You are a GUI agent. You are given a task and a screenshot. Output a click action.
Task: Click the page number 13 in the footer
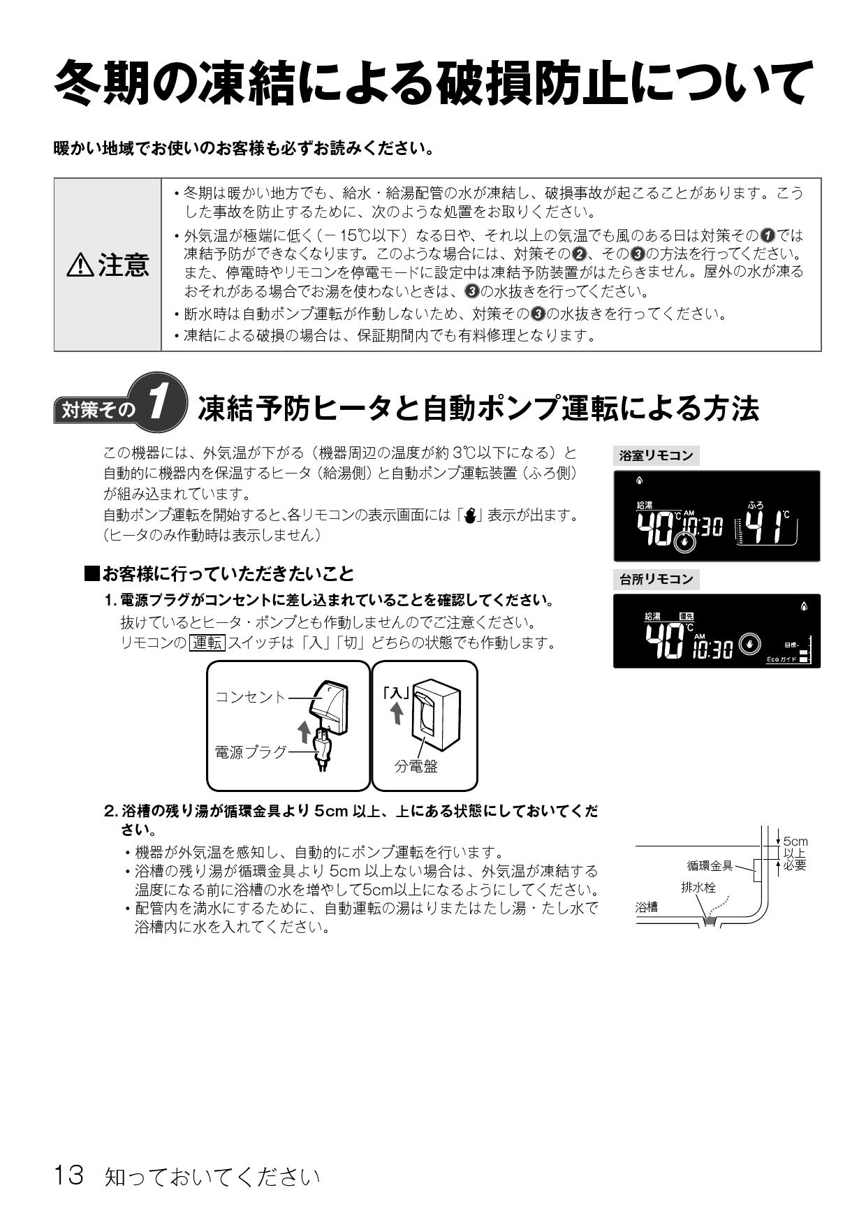tap(69, 1175)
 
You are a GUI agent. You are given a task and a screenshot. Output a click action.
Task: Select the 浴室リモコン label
tap(656, 456)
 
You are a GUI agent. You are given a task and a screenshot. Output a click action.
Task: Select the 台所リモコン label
tap(656, 579)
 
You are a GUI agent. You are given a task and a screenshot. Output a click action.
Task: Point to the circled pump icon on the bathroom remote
tap(685, 541)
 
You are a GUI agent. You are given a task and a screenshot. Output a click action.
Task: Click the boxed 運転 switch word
tap(207, 643)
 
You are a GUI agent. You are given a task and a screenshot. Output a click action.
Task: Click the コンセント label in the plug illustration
tap(250, 697)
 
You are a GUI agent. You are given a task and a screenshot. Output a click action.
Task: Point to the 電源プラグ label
tap(250, 752)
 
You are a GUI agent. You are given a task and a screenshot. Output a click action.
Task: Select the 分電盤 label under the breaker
tap(416, 766)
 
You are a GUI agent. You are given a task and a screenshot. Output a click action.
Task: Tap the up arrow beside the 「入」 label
tap(396, 713)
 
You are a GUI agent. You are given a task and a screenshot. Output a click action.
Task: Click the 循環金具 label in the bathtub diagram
tap(710, 866)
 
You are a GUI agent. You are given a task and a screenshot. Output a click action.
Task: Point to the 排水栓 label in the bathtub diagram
tap(698, 888)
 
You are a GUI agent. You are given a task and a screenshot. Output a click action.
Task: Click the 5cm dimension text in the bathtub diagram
tap(795, 842)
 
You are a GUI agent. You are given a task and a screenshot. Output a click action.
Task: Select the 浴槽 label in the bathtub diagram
tap(647, 907)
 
